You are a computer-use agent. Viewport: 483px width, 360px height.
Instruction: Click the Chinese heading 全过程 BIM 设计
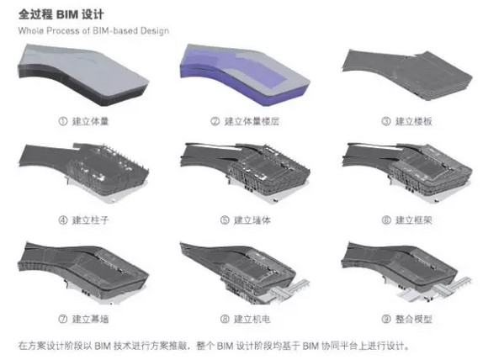61,14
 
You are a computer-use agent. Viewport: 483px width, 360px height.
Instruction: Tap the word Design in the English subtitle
155,31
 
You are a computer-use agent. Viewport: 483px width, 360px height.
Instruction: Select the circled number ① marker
63,121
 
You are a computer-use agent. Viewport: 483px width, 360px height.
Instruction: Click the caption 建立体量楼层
252,121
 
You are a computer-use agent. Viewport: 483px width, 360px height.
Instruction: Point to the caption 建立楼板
413,121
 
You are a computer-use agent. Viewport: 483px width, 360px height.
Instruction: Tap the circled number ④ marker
63,220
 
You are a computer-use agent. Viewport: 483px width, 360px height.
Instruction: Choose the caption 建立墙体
252,220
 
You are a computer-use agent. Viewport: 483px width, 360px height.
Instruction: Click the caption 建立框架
413,220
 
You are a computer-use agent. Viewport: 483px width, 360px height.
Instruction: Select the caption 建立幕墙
90,319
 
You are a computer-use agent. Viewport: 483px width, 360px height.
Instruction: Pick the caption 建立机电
252,319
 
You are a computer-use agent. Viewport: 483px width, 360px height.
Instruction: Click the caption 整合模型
413,319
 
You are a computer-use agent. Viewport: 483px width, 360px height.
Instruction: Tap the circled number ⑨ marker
386,319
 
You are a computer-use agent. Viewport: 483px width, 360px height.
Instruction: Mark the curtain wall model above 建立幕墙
83,271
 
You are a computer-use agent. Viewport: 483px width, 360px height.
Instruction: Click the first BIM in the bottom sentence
103,346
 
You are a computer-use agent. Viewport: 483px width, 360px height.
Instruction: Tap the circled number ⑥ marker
386,220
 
